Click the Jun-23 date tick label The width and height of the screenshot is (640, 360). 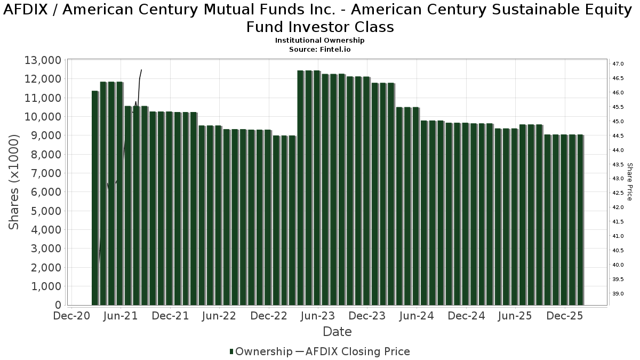coord(318,316)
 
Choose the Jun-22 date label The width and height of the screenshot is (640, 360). coord(220,316)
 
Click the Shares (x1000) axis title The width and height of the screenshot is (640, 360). coord(14,182)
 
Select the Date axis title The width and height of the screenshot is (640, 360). coord(337,332)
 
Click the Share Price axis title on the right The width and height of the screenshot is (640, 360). coord(629,182)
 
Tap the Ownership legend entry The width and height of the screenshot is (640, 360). coord(261,351)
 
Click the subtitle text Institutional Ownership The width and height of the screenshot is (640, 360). coord(320,41)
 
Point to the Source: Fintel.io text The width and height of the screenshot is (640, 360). coord(320,49)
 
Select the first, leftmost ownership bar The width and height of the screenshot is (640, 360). coord(95,198)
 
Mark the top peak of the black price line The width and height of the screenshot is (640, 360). coord(141,70)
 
